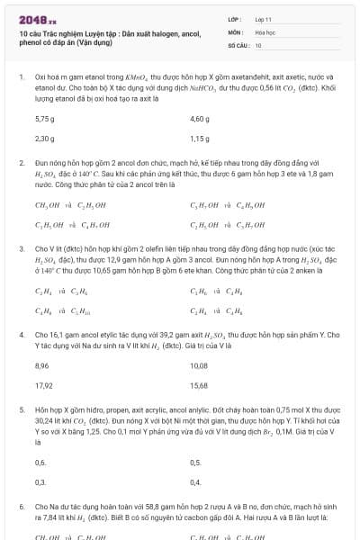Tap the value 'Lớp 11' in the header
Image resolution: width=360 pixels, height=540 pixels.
[x=263, y=18]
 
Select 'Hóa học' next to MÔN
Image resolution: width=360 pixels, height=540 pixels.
[x=265, y=31]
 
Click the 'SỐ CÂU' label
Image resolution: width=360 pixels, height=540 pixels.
[x=238, y=44]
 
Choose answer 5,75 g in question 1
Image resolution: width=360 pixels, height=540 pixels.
[x=44, y=118]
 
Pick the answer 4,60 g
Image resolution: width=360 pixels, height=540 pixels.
[x=200, y=118]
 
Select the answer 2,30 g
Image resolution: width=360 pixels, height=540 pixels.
[x=44, y=139]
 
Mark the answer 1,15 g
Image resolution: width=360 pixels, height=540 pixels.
[x=200, y=139]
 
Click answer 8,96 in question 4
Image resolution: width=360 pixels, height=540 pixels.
[x=41, y=366]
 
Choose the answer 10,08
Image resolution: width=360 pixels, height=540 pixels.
[x=199, y=366]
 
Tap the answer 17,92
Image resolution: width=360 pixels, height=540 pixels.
[x=43, y=385]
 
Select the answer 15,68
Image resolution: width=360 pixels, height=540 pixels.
[x=199, y=385]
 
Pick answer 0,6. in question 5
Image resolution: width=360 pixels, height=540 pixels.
[x=40, y=463]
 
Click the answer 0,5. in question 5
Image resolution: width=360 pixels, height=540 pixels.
[x=196, y=463]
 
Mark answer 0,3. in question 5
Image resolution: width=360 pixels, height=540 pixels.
[x=40, y=482]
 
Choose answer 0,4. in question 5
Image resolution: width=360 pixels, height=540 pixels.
[x=196, y=482]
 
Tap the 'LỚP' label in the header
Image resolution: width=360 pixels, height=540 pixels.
[x=235, y=18]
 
